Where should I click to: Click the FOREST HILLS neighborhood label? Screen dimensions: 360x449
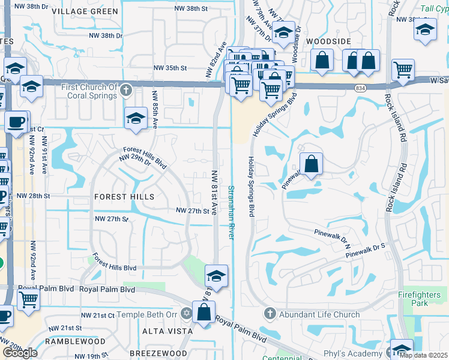124,197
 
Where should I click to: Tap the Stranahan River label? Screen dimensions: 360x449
230,212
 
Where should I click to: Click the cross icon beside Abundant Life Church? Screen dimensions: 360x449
270,314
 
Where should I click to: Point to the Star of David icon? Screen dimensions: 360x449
186,314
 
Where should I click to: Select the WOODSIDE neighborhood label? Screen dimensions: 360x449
328,41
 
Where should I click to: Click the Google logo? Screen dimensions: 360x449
19,352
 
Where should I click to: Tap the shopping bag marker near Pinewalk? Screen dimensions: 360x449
311,164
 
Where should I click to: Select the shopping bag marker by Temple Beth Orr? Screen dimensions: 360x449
204,311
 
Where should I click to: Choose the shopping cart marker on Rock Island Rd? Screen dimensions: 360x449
403,69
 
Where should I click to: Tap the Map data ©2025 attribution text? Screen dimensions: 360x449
424,355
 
